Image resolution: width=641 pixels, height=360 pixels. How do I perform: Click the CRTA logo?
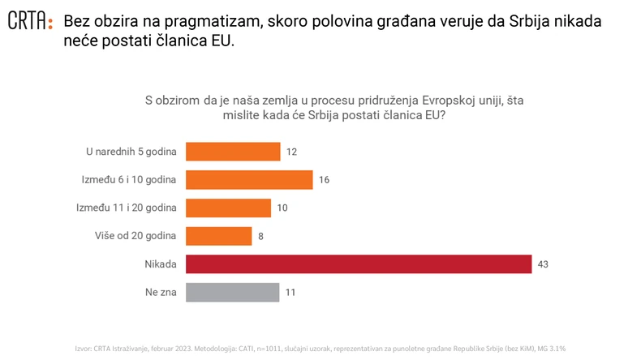click(30, 22)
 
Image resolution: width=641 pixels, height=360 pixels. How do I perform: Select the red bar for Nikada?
click(358, 264)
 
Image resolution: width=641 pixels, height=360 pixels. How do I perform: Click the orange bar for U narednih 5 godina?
click(233, 152)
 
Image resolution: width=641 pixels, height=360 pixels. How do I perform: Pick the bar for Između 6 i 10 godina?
click(249, 179)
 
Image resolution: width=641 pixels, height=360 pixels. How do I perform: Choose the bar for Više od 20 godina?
click(218, 236)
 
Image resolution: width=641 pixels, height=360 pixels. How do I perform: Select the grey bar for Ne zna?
click(232, 292)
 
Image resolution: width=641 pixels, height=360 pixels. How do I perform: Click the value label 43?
click(544, 264)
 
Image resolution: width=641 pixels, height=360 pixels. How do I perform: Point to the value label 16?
click(324, 180)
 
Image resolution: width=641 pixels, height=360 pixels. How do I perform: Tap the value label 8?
click(260, 237)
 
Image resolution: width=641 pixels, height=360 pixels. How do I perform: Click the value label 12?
click(292, 152)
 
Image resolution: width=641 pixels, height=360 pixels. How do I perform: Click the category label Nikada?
click(160, 264)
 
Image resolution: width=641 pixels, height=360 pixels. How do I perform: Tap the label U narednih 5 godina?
click(131, 152)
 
